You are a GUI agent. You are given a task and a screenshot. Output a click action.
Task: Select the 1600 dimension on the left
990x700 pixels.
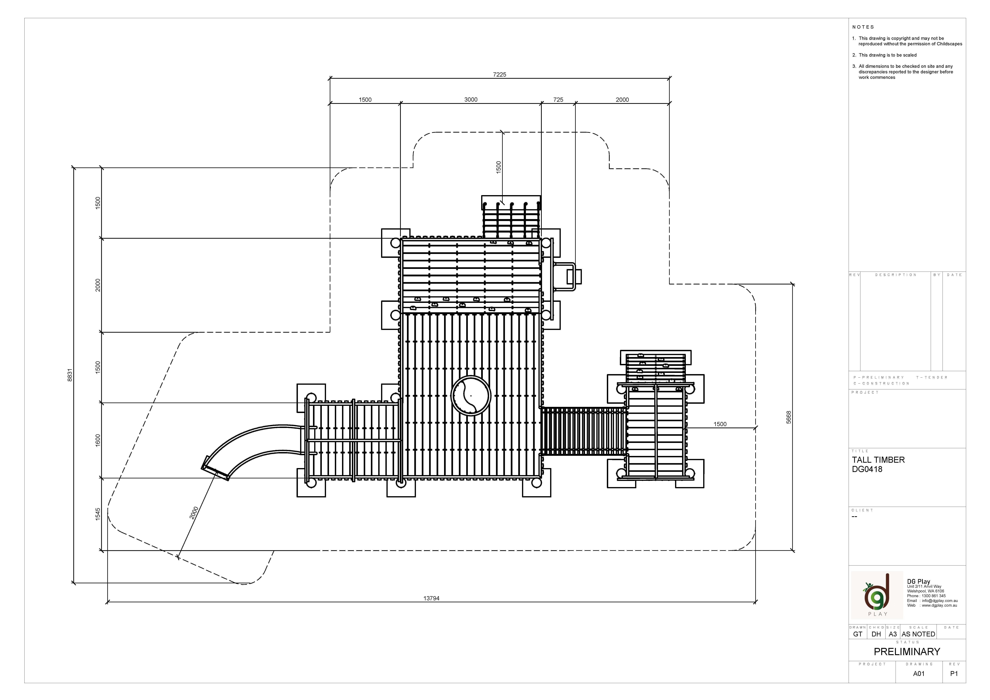98,440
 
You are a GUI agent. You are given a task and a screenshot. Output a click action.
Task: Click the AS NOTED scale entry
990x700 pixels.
918,634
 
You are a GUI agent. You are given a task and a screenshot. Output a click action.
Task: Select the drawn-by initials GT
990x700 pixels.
858,634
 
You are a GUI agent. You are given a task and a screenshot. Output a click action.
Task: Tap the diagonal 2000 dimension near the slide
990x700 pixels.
194,512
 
